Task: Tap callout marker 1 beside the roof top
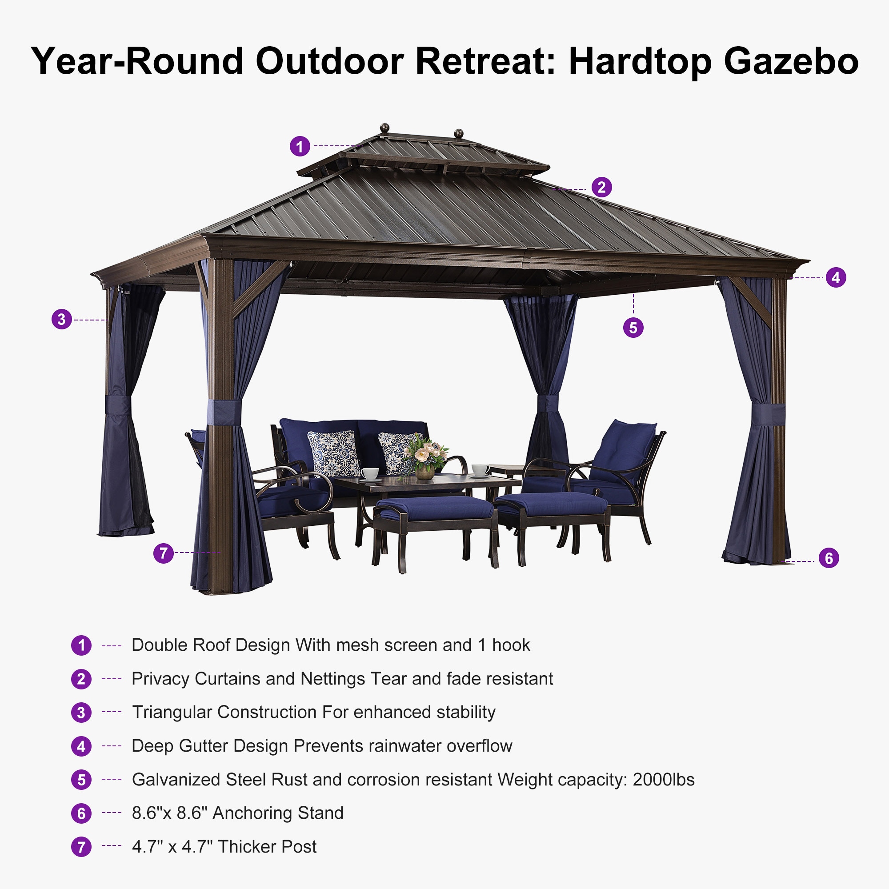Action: pyautogui.click(x=300, y=147)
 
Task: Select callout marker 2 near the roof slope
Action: pyautogui.click(x=601, y=187)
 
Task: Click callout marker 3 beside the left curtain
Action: pyautogui.click(x=62, y=319)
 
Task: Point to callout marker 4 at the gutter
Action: pyautogui.click(x=836, y=277)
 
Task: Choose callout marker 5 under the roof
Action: pyautogui.click(x=633, y=328)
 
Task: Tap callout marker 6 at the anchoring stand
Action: pyautogui.click(x=829, y=558)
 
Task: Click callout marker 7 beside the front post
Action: pyautogui.click(x=163, y=553)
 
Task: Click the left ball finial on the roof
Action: pyautogui.click(x=384, y=128)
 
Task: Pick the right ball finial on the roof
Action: pyautogui.click(x=458, y=133)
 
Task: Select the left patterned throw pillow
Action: pyautogui.click(x=334, y=453)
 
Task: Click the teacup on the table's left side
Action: pyautogui.click(x=369, y=473)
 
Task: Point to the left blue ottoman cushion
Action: pyautogui.click(x=434, y=509)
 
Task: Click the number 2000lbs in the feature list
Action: pyautogui.click(x=664, y=780)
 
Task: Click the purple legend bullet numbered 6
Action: pyautogui.click(x=81, y=813)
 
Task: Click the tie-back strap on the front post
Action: pyautogui.click(x=224, y=412)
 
